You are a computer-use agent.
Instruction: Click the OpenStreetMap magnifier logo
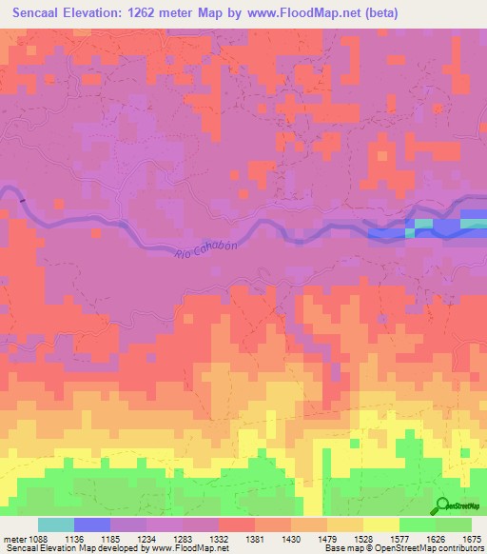click(x=443, y=506)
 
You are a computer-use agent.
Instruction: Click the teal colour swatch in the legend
click(x=55, y=524)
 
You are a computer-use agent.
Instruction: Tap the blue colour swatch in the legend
click(x=91, y=524)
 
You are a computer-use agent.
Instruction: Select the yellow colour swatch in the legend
click(x=380, y=524)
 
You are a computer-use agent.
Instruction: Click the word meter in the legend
click(x=16, y=540)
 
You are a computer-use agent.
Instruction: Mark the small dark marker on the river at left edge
click(x=21, y=200)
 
